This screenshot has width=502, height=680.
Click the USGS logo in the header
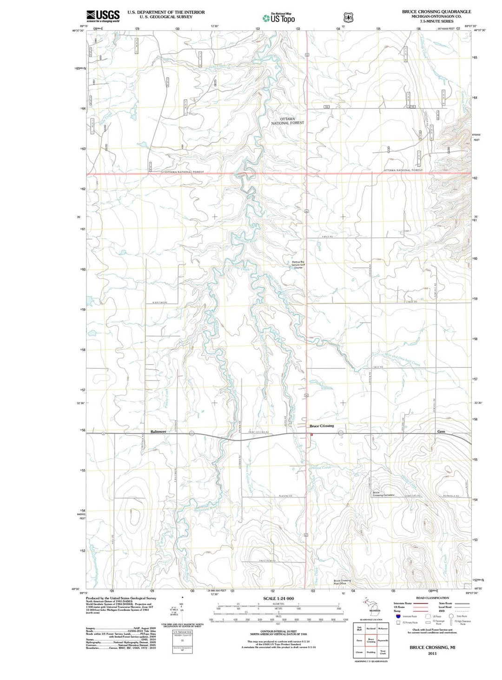click(x=103, y=16)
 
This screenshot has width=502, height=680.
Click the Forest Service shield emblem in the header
click(x=346, y=17)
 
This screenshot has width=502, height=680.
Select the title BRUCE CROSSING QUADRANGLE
click(x=436, y=12)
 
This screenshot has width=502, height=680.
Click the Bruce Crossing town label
click(x=322, y=426)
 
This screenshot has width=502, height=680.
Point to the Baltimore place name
click(x=158, y=432)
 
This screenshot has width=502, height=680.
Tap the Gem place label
click(x=441, y=432)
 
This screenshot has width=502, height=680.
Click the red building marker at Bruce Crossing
click(x=311, y=434)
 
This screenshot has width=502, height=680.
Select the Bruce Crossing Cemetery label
click(x=383, y=494)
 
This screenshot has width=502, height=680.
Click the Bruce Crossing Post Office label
click(x=342, y=582)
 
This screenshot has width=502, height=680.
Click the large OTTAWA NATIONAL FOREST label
click(x=287, y=121)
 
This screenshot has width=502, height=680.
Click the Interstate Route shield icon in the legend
click(x=398, y=616)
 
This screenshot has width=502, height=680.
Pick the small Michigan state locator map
click(x=371, y=608)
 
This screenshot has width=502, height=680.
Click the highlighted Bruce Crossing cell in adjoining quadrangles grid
click(x=371, y=640)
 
